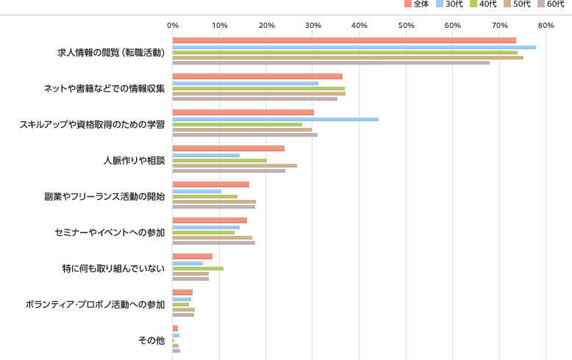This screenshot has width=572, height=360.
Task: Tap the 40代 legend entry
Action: coord(483,4)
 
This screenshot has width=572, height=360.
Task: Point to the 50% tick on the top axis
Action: coord(406,26)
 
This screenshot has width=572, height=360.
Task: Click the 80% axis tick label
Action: coord(546,26)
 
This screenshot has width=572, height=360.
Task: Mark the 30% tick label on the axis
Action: coord(312,26)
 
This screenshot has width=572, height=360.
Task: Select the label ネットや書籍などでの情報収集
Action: coord(104,88)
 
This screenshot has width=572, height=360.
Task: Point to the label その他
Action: coord(151,340)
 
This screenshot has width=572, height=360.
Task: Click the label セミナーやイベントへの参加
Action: coord(110,232)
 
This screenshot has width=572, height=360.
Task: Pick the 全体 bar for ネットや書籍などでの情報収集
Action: coord(257,76)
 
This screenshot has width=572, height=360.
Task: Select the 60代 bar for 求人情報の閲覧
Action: coord(331,62)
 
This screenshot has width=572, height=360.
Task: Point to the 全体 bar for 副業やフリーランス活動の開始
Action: coord(211,184)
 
